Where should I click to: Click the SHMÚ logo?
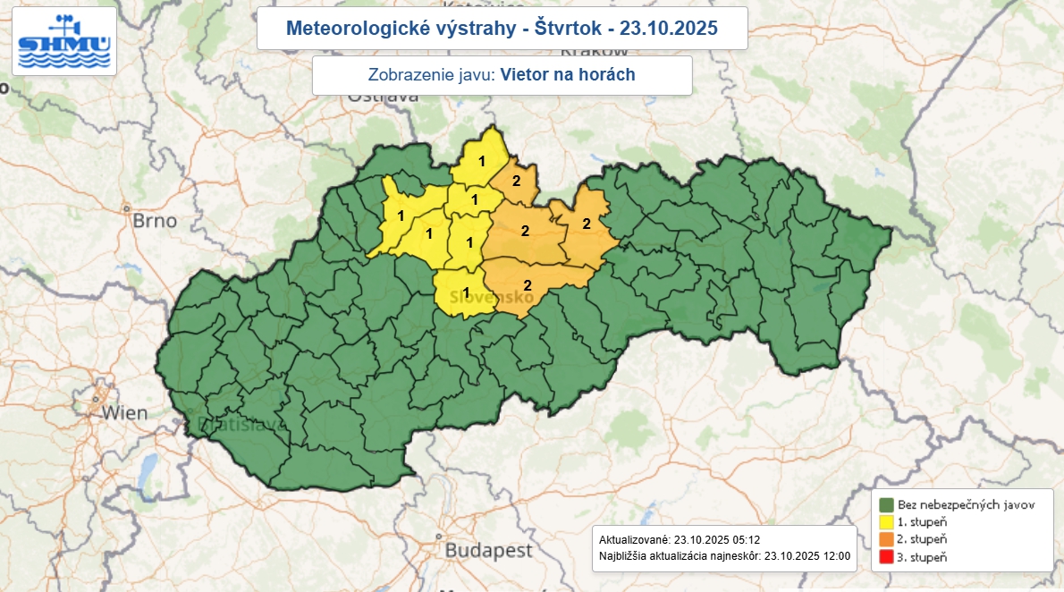(x=63, y=41)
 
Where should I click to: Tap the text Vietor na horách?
(x=568, y=75)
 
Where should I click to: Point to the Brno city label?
(x=155, y=220)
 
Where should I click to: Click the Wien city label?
(x=124, y=413)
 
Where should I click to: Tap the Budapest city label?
(x=488, y=549)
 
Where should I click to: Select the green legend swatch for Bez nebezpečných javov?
(x=886, y=505)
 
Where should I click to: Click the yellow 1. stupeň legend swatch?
(x=886, y=522)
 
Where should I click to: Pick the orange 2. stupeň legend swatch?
(x=886, y=539)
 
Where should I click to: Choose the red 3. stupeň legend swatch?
(x=886, y=556)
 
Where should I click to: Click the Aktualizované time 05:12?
(x=743, y=540)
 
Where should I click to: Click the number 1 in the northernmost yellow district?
(x=482, y=162)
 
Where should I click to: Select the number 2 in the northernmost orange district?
(x=516, y=182)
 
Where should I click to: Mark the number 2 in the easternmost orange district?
(x=587, y=223)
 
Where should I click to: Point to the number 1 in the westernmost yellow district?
(x=401, y=216)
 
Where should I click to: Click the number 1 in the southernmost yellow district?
(x=465, y=292)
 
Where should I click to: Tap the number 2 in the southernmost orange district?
(x=528, y=285)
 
